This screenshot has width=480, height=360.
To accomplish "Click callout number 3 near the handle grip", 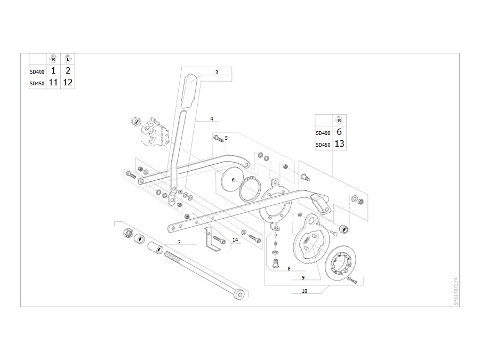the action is click(x=217, y=72).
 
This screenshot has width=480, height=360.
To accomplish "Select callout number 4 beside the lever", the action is click(x=212, y=118).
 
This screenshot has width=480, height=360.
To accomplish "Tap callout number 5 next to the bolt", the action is click(x=226, y=138).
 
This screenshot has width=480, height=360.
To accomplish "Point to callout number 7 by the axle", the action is click(x=179, y=243).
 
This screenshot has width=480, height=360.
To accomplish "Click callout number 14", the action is click(x=235, y=239).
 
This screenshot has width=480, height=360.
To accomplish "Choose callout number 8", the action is click(x=289, y=269).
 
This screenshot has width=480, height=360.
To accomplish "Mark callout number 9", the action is click(x=303, y=278).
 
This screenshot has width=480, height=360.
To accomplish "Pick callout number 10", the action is click(x=305, y=291).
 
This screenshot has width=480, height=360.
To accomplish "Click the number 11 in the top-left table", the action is click(x=53, y=82).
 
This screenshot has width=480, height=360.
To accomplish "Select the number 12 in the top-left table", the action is click(x=68, y=82).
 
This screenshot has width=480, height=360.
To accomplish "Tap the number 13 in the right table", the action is click(x=339, y=143).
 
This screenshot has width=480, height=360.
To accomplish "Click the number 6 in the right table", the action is click(x=339, y=132).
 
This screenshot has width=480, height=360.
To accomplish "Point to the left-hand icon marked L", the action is click(x=68, y=59).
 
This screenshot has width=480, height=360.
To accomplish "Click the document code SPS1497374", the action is click(x=456, y=291).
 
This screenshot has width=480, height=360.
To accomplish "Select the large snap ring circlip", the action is click(x=250, y=190).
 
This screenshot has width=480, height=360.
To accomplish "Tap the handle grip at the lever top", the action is click(x=191, y=91).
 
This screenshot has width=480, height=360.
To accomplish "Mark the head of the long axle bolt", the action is click(x=239, y=294).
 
